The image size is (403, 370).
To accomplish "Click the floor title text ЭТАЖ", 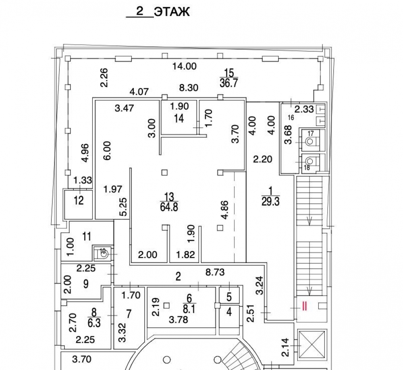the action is point(172,12).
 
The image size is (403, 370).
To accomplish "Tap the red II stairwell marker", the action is point(305,306).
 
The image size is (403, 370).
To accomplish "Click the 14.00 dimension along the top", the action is point(184,66).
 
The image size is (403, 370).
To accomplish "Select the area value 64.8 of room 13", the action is point(169,207).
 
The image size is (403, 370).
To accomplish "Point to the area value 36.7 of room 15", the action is point(229,83).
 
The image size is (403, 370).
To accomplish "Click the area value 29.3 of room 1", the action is point(270,201).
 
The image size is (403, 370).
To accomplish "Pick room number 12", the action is point(79,200).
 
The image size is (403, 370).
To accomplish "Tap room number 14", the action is point(179,118).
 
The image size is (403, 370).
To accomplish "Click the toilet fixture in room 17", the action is point(310,141).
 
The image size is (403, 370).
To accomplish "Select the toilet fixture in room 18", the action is point(310,161).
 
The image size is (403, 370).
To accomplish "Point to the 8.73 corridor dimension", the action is point(215,272).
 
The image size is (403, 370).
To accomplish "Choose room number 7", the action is point(129,314).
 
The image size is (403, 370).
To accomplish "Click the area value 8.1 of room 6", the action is point(189,309).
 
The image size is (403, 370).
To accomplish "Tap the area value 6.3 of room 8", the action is point(94,323).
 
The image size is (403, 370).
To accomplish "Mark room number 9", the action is point(86,284).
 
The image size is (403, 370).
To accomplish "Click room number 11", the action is point(87,236).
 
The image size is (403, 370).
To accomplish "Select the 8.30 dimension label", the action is point(189,88).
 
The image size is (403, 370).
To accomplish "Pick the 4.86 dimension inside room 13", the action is point(224,210).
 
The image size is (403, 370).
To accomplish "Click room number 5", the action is point(229,297).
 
